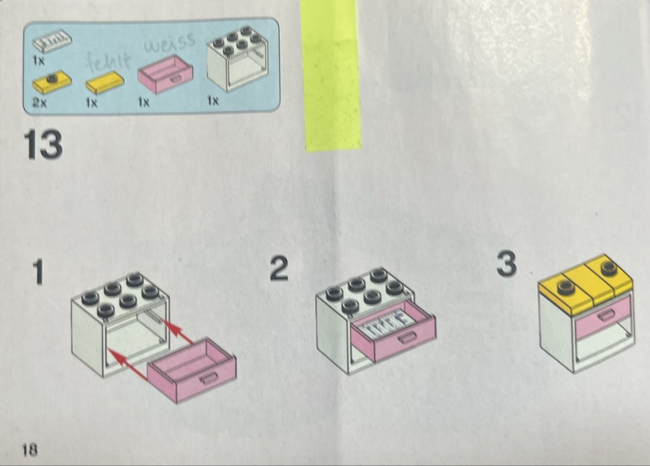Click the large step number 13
(x=43, y=145)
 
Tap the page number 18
(x=29, y=450)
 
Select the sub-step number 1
(x=38, y=273)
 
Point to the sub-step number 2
(x=279, y=269)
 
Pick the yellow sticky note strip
(x=331, y=75)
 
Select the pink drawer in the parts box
(x=165, y=74)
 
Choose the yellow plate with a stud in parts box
(x=52, y=83)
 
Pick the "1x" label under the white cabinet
(x=213, y=101)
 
